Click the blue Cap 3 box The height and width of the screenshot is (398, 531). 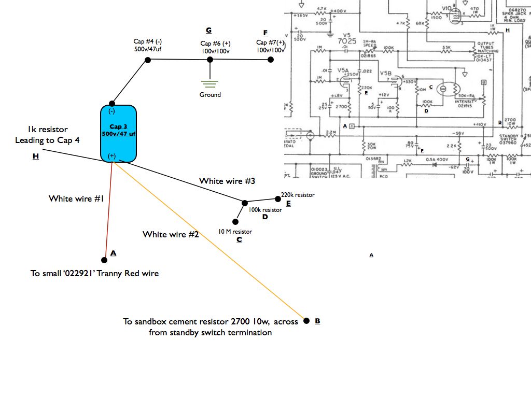click(x=118, y=133)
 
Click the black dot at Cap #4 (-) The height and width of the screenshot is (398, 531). click(x=148, y=60)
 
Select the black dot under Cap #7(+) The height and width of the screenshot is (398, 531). click(x=270, y=60)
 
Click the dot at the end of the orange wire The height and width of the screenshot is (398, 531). click(x=306, y=321)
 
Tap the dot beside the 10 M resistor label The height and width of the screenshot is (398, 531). click(x=235, y=221)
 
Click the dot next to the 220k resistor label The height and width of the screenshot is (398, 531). click(x=277, y=198)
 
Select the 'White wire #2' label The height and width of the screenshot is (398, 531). click(x=171, y=234)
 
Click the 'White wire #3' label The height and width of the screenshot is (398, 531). click(x=227, y=181)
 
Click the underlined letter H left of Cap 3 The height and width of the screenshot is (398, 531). click(x=35, y=156)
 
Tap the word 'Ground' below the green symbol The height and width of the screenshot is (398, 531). click(x=210, y=95)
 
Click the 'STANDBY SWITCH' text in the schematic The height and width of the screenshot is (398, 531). click(x=508, y=138)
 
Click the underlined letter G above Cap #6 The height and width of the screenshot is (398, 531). click(x=208, y=31)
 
